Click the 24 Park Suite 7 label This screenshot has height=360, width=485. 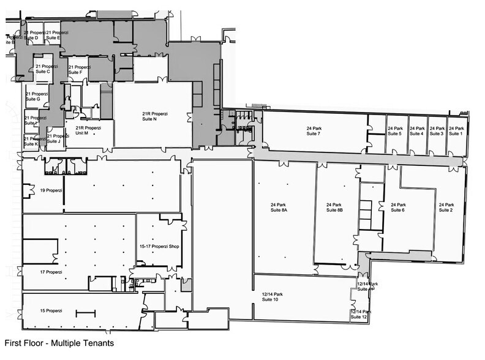(314, 131)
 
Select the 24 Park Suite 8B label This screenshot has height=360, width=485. (334, 207)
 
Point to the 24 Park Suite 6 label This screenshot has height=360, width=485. (394, 207)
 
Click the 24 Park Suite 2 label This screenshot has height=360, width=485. (446, 207)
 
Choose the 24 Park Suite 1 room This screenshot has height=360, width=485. (455, 131)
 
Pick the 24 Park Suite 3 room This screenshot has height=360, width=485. (436, 131)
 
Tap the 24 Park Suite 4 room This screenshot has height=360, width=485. (416, 131)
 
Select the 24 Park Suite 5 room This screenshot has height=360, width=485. (395, 131)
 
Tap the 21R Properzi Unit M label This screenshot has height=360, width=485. (87, 130)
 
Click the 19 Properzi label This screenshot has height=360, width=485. (51, 190)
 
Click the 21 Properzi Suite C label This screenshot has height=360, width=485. (46, 69)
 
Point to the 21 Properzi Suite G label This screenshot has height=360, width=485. (36, 96)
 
